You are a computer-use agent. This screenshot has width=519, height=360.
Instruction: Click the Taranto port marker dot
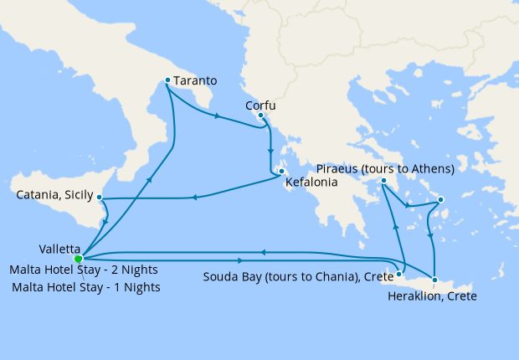coord(167,80)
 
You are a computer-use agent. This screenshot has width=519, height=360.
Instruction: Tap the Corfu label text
coord(259,105)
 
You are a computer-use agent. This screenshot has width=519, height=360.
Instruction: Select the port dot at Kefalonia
coord(282,172)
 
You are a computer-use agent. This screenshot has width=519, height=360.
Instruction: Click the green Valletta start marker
coord(78,259)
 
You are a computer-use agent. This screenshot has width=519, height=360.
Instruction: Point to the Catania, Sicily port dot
coord(100,198)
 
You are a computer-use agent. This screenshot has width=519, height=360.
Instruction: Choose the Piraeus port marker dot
coord(383,181)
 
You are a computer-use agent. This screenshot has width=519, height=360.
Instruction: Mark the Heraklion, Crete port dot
coord(434,279)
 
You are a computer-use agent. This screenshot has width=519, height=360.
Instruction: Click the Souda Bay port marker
coord(399,273)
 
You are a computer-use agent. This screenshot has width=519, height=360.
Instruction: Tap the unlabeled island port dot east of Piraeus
coord(440,199)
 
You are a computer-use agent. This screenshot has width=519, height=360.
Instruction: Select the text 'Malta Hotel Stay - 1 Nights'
coord(86,287)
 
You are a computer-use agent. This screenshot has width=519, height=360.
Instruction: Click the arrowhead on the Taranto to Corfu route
coord(218,116)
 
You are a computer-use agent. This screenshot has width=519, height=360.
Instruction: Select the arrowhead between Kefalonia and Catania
coord(194,198)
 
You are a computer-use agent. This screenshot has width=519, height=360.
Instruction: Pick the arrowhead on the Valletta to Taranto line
coord(151,178)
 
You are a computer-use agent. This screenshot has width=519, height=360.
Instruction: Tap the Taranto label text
coord(197,81)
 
